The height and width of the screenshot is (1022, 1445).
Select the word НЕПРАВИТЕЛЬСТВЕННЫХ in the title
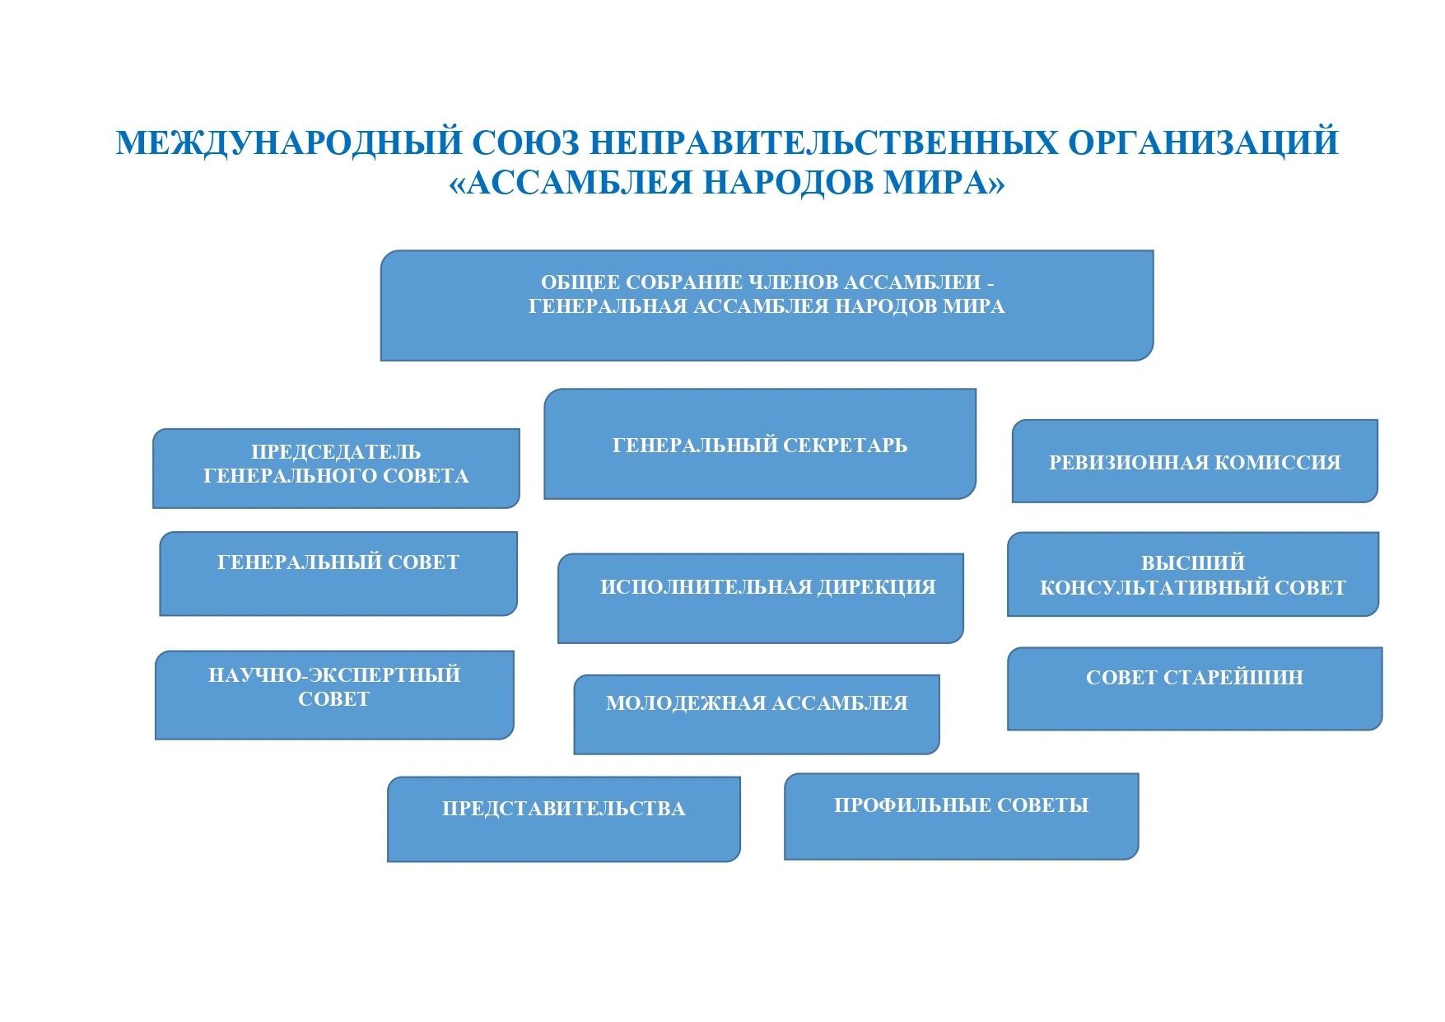click(x=823, y=142)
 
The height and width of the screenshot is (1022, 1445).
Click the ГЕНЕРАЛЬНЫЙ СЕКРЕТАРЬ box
click(x=759, y=445)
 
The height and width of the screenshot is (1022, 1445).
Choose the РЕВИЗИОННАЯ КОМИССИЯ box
click(x=1194, y=462)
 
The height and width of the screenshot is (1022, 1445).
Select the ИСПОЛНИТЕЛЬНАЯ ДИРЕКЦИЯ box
click(x=760, y=599)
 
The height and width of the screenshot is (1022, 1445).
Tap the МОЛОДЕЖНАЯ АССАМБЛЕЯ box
click(x=756, y=714)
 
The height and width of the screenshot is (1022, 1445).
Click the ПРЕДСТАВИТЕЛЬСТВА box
click(x=563, y=819)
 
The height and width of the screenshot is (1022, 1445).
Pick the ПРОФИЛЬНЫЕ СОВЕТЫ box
click(x=961, y=816)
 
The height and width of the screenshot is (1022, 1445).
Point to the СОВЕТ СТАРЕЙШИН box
click(x=1194, y=688)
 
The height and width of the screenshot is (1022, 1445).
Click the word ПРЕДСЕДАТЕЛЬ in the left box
click(x=336, y=452)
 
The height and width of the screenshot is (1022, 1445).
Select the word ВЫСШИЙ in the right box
click(x=1192, y=563)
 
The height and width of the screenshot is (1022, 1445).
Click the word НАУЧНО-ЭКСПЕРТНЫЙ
click(x=334, y=675)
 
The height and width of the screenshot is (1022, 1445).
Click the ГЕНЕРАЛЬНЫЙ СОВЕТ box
click(x=338, y=573)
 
